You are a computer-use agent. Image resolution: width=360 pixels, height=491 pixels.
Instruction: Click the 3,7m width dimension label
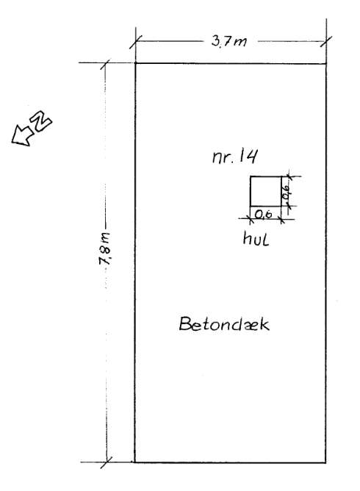[228, 41]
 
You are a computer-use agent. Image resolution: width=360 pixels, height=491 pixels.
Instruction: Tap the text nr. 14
[235, 157]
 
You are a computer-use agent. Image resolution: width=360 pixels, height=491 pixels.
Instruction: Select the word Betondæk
[224, 324]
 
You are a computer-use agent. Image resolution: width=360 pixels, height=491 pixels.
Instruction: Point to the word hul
[256, 239]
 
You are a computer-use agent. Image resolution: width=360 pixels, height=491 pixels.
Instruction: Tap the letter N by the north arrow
[42, 121]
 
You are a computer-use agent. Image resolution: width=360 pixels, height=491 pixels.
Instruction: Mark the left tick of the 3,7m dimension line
[135, 42]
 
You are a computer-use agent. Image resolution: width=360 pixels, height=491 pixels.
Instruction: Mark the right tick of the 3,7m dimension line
[326, 42]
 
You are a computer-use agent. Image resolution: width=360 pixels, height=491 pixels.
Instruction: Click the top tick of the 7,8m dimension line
[105, 63]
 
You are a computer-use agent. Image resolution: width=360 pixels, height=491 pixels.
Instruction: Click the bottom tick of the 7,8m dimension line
[107, 462]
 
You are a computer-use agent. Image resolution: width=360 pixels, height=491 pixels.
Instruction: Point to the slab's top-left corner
[135, 63]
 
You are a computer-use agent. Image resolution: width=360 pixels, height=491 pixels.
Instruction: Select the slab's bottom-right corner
[325, 462]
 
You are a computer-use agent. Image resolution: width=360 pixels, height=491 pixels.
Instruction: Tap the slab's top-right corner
[326, 63]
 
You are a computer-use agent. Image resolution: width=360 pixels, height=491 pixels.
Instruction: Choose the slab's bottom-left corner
[135, 462]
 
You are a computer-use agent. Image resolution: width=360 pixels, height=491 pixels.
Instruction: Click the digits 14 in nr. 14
[248, 157]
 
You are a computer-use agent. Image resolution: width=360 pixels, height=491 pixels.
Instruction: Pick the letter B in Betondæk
[184, 324]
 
